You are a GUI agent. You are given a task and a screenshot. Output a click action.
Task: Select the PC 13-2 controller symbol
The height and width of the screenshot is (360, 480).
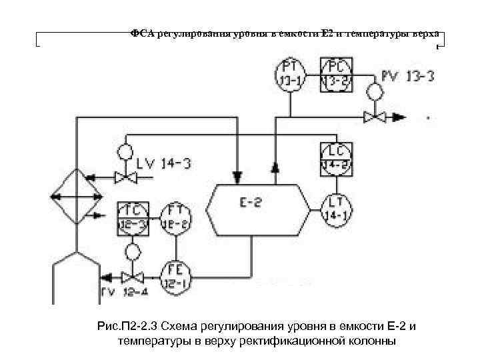[335, 74]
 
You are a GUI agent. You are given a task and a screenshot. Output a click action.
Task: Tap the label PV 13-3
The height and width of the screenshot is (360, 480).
[407, 76]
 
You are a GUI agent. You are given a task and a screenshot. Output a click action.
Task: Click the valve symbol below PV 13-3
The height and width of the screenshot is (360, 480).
[375, 117]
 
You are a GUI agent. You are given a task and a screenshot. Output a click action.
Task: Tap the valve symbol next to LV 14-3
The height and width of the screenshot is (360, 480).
[123, 177]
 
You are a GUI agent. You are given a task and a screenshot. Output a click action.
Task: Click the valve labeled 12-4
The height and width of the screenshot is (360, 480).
[133, 277]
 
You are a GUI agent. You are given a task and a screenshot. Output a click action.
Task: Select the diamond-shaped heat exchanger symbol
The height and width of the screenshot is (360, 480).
[77, 196]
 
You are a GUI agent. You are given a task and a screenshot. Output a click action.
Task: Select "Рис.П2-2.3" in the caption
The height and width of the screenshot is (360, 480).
[125, 327]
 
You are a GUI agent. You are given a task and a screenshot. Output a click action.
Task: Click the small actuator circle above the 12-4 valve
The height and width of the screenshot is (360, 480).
[133, 252]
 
